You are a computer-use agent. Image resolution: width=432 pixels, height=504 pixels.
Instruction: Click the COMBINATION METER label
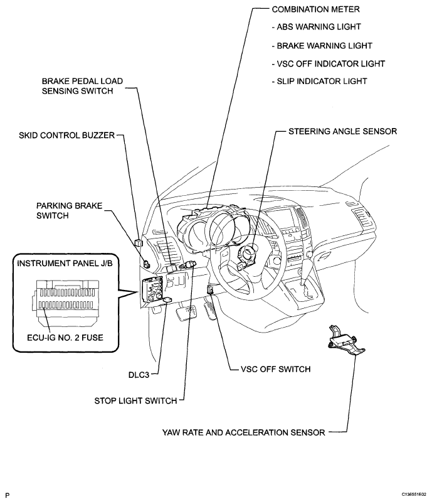312,11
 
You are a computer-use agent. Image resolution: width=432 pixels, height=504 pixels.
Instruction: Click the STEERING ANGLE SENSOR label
342,132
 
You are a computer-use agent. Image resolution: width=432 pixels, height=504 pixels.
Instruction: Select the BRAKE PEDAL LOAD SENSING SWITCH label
82,86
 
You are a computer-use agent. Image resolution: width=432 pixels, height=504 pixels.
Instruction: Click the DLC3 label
138,373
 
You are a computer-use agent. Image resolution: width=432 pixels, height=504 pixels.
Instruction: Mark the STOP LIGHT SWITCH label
135,400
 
